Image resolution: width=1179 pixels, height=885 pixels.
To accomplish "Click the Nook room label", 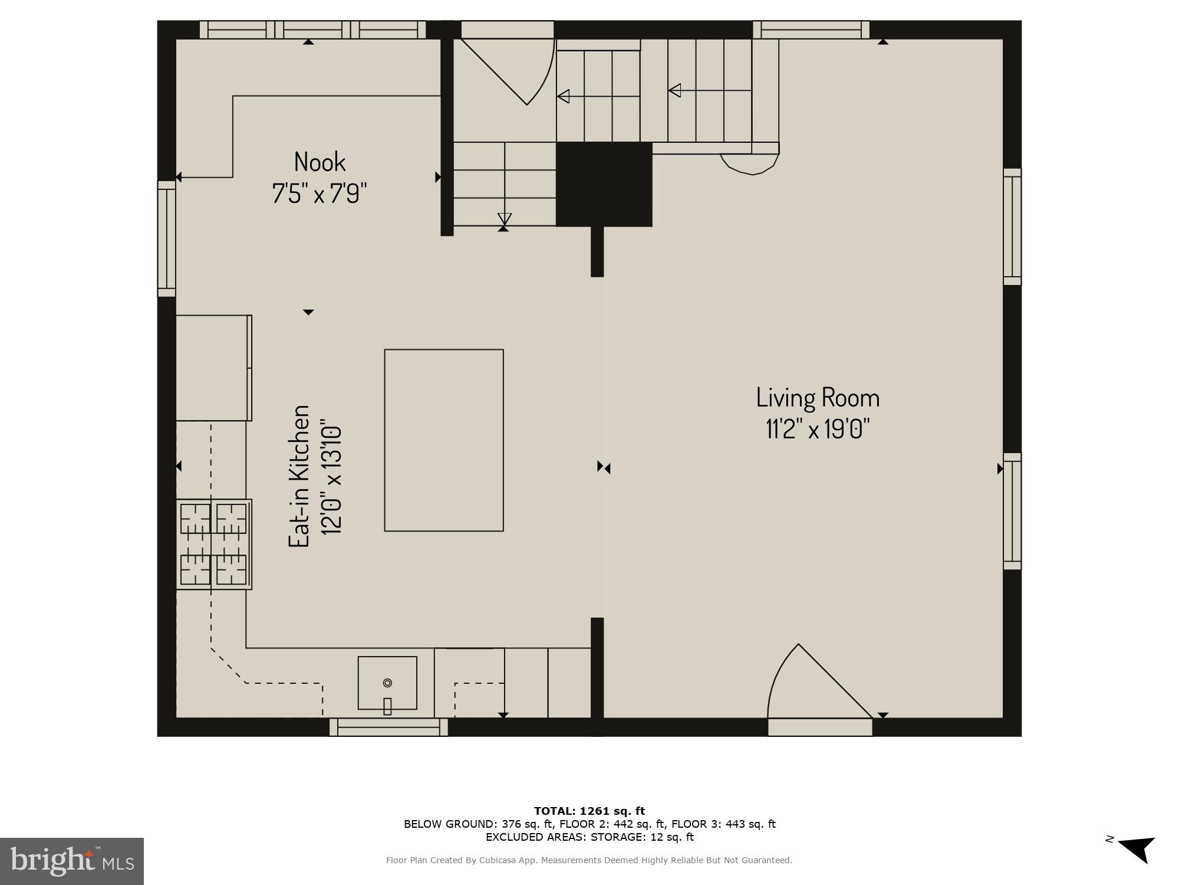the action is (320, 162).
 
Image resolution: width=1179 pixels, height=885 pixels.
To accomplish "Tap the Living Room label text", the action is (818, 398).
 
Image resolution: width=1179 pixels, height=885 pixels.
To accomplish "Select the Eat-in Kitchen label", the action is (299, 476).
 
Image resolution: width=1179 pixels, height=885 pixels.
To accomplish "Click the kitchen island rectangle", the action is (444, 440).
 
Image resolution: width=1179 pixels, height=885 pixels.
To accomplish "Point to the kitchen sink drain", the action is (387, 683).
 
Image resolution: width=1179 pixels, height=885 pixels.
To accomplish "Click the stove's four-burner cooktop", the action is (214, 544).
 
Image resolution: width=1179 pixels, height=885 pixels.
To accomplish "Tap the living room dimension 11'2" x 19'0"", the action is (818, 429).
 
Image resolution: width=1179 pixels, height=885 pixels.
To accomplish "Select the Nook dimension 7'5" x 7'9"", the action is (320, 193).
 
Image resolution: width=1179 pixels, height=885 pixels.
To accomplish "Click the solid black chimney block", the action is (604, 184).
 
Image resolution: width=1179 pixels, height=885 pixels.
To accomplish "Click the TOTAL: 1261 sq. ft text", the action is (589, 811).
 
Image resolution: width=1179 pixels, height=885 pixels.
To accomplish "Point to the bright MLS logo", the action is (72, 861).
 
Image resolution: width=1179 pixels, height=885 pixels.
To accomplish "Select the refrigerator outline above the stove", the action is (214, 368).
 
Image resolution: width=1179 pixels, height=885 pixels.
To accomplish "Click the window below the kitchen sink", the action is (388, 727).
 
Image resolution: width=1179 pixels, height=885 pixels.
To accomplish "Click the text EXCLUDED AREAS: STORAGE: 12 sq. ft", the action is (589, 837).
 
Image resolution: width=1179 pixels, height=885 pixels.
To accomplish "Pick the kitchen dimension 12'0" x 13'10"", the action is (331, 477).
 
